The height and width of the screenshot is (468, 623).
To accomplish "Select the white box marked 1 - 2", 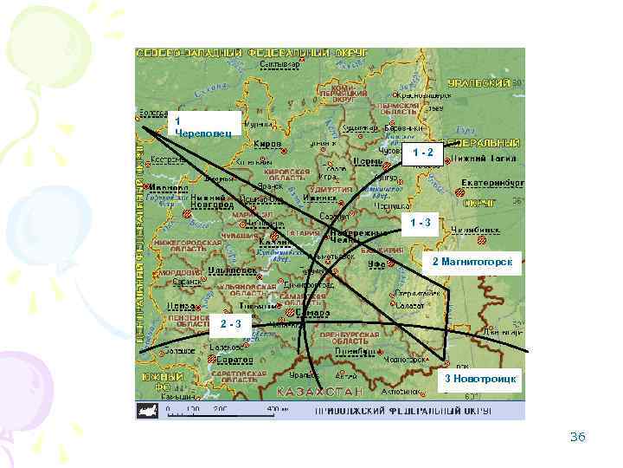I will (x=423, y=153).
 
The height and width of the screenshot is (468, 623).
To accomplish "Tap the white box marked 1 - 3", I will (x=423, y=224).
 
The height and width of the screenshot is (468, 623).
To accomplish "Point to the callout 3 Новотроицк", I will (x=480, y=380).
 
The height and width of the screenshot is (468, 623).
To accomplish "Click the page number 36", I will (x=577, y=437).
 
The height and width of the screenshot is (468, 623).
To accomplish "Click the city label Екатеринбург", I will (x=491, y=184).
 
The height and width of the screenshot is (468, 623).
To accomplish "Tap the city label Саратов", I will (x=234, y=357).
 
